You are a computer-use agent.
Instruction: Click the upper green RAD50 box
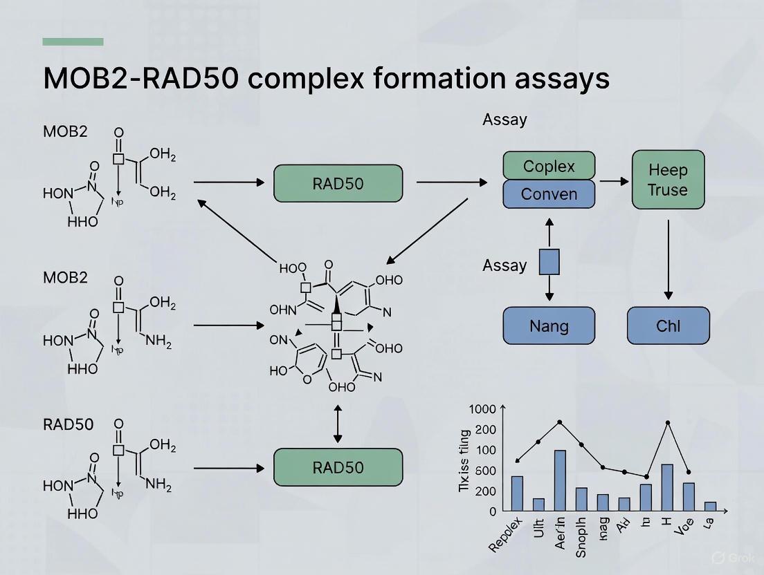338,183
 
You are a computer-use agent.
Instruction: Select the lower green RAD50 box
338,467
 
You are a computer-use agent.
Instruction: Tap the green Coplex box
548,166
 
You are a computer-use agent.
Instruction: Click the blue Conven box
548,194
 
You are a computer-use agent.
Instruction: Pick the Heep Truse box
668,180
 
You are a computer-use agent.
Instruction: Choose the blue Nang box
548,326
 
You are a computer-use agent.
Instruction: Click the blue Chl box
668,326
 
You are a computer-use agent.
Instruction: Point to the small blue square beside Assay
549,263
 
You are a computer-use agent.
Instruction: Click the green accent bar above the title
73,41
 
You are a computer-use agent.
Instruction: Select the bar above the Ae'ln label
560,480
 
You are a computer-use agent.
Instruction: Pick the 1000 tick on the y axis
483,409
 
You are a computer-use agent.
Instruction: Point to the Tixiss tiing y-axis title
464,461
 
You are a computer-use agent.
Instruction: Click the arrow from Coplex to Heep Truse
613,181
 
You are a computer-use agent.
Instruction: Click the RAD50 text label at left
68,424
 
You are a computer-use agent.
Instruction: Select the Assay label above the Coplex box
504,120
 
